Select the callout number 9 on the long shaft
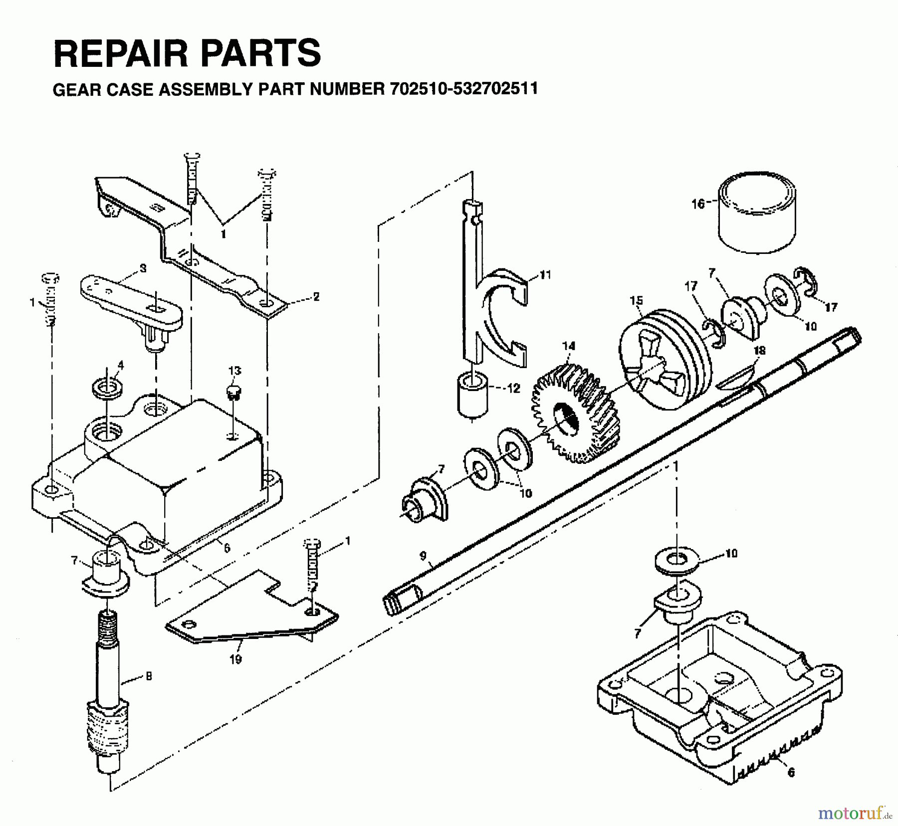(423, 555)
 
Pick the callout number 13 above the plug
(234, 371)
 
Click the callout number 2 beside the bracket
(315, 296)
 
